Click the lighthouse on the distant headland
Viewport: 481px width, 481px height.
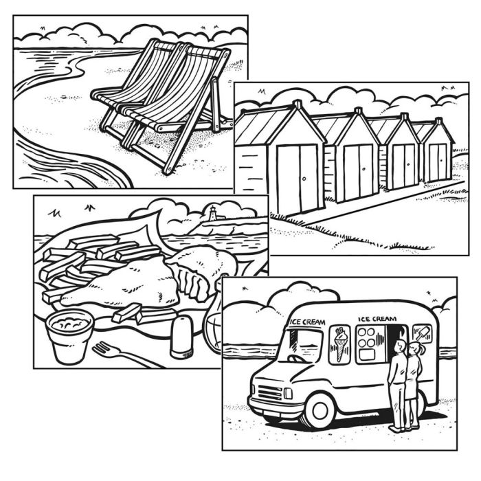(212, 213)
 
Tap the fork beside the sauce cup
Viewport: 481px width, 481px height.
(123, 355)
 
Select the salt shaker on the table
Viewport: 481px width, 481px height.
(181, 337)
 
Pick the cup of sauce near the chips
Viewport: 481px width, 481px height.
(69, 337)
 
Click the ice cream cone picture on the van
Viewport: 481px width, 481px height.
(340, 344)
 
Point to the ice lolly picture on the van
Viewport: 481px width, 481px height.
(422, 333)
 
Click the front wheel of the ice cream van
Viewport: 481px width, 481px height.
(320, 411)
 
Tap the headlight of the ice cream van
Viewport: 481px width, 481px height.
(288, 393)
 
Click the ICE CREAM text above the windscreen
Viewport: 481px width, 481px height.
(306, 322)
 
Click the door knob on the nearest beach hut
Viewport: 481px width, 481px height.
(304, 179)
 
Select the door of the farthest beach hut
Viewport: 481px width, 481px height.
(438, 162)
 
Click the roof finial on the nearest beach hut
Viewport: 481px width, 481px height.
(297, 104)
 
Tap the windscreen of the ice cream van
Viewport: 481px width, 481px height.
(305, 344)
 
